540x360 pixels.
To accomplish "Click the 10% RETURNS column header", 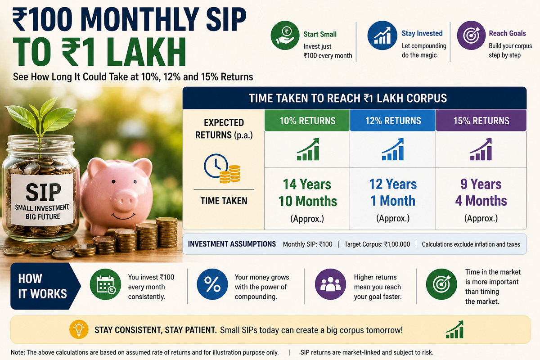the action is pos(307,121).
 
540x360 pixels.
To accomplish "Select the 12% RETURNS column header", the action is pos(393,121).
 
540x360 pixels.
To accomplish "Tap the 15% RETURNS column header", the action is pos(481,121).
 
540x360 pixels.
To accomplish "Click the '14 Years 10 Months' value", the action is pos(307,193).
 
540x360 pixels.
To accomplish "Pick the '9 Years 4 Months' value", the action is pos(481,193).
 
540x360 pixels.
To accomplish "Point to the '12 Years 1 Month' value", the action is pos(393,193).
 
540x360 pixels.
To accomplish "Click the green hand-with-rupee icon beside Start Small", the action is pos(285,36).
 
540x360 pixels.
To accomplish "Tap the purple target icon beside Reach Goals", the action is pos(471,36).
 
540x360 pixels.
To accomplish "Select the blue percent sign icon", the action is pos(212,284).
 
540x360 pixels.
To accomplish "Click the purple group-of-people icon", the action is pos(330,284).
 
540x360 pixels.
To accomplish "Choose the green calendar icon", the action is pos(105,284).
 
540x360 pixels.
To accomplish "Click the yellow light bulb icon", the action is pos(79,329).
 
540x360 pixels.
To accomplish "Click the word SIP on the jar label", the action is pos(43,192).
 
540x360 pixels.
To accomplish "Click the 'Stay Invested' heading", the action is pos(422,33).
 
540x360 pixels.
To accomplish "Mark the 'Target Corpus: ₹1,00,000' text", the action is pos(377,244).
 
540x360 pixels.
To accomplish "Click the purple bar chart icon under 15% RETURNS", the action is pos(481,149).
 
